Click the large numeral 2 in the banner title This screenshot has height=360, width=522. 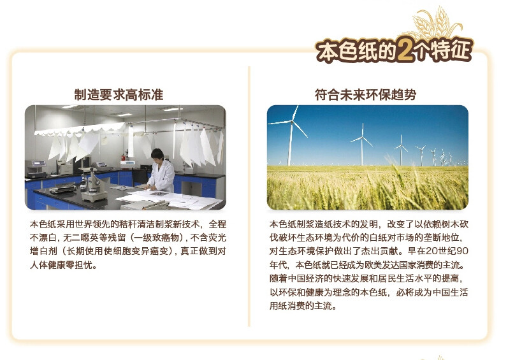(x=405, y=50)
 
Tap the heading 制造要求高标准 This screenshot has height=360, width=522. (x=119, y=95)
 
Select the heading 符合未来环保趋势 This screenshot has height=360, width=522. (x=366, y=95)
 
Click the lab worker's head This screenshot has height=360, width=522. (x=157, y=155)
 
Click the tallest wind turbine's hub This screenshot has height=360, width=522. (x=293, y=122)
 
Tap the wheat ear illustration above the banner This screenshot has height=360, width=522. (x=437, y=22)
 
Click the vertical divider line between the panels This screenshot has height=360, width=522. (x=249, y=196)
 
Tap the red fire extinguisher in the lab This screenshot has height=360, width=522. (x=124, y=156)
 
